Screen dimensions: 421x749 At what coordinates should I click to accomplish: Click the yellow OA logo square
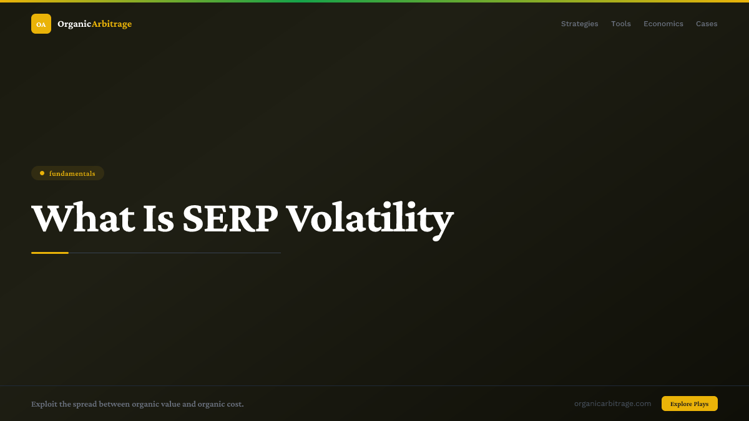[41, 24]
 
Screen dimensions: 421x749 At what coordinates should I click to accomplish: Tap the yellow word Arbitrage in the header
[112, 24]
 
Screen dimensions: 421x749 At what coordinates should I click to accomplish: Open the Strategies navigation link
[579, 24]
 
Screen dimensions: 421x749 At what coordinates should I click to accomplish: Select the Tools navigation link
[620, 24]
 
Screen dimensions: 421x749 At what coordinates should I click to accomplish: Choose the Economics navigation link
[663, 24]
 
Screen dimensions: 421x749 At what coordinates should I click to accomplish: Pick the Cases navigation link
[707, 24]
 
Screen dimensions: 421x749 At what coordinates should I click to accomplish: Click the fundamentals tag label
[72, 173]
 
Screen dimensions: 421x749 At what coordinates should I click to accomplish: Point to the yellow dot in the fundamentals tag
[42, 173]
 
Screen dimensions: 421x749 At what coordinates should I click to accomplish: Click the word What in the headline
[82, 218]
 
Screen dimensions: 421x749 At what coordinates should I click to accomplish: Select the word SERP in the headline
[230, 218]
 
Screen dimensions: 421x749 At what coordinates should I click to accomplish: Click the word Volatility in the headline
[370, 218]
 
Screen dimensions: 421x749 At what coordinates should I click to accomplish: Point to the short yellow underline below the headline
[50, 253]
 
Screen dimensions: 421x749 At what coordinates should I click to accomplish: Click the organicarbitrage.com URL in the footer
[612, 404]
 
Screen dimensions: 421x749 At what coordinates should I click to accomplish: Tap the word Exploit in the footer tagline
[44, 404]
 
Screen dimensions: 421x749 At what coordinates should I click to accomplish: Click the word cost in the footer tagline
[234, 404]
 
